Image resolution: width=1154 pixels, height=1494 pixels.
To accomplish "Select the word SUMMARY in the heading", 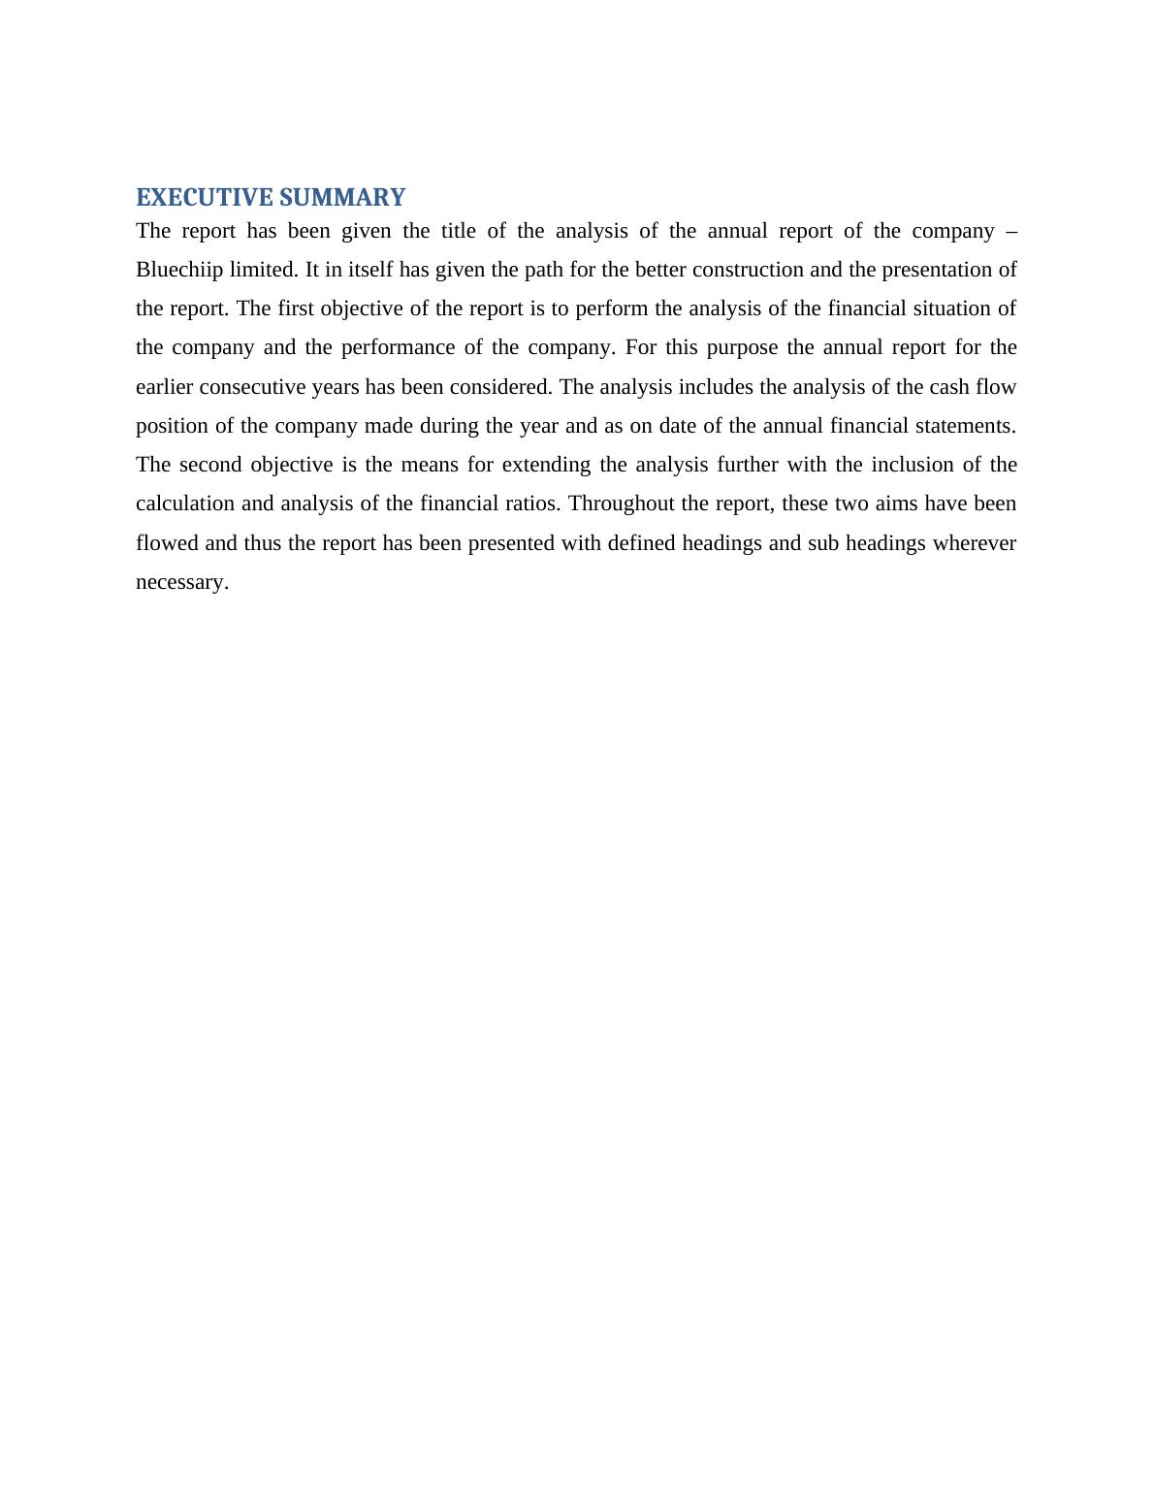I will click(x=341, y=198).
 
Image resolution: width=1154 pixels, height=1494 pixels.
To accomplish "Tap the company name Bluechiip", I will click(x=179, y=270).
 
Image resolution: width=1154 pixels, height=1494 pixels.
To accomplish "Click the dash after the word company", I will click(x=1011, y=231).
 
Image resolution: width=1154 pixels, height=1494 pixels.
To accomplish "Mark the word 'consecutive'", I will click(x=252, y=387).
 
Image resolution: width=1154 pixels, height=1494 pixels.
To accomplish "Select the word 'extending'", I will click(x=546, y=465).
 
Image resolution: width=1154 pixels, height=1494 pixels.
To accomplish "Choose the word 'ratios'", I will click(x=532, y=503).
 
